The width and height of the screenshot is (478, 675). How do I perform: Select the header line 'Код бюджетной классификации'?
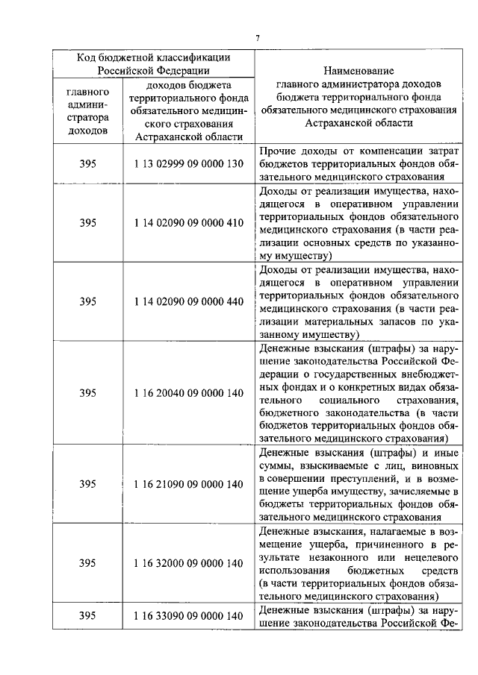tap(155, 57)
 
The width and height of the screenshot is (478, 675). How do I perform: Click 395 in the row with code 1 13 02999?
tap(87, 163)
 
